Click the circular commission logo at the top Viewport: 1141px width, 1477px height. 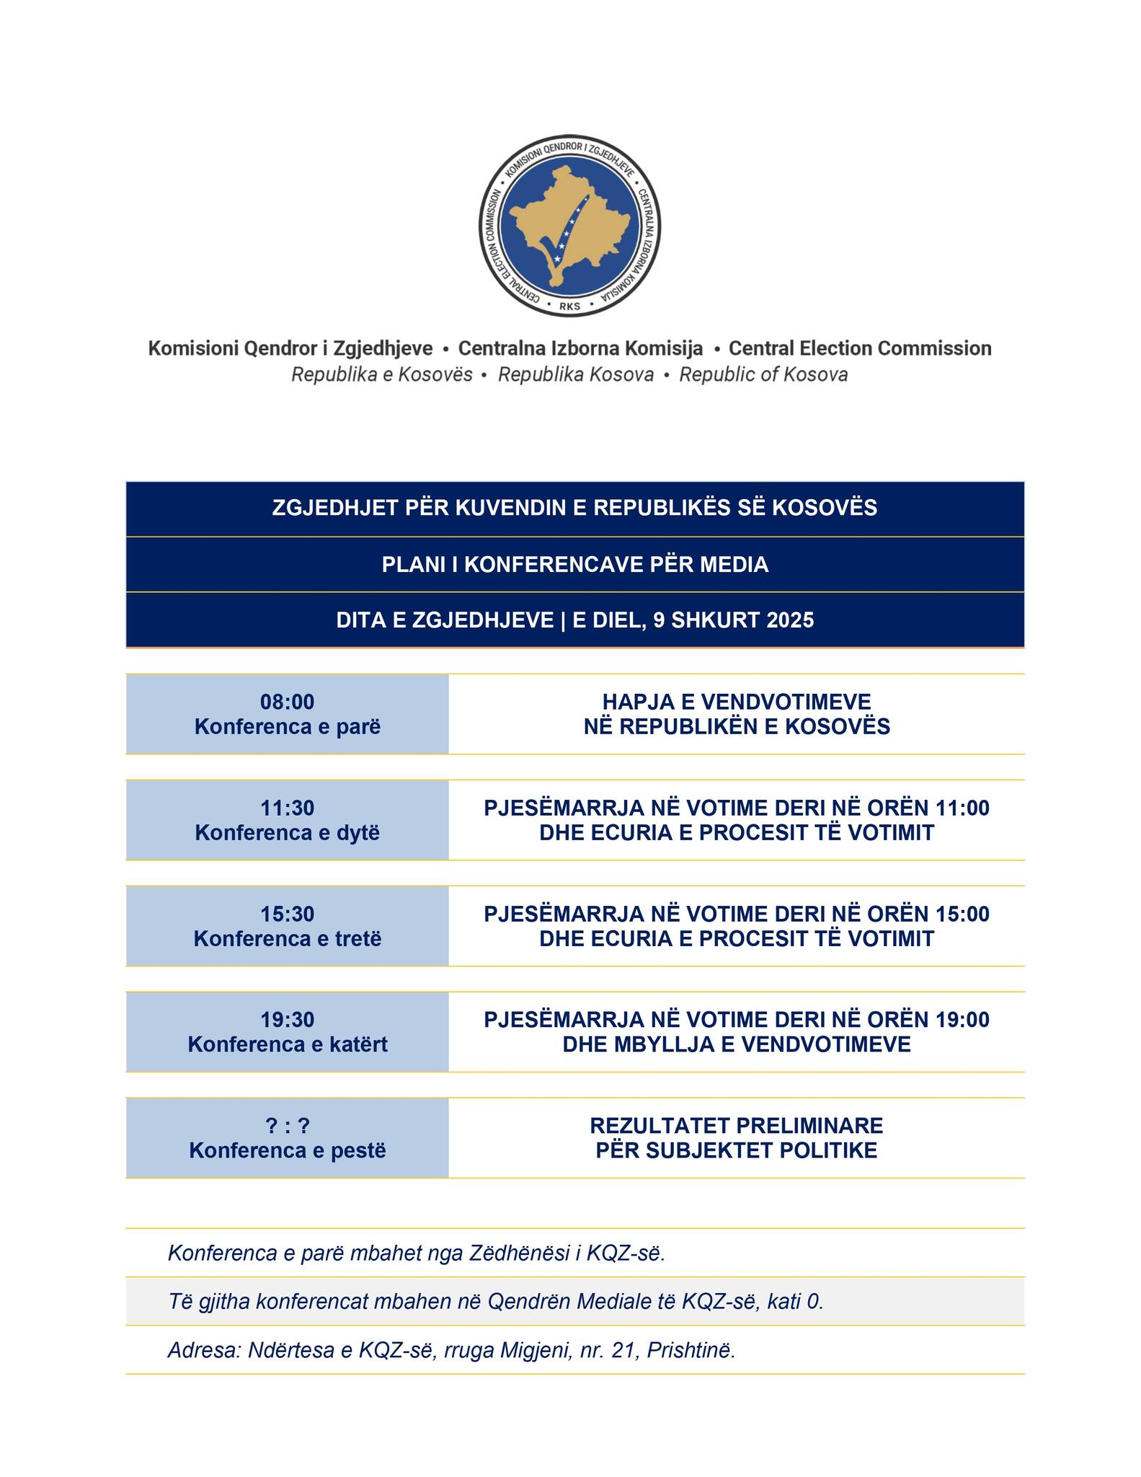569,225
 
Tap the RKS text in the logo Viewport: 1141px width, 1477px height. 569,306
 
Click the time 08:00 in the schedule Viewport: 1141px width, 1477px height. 287,702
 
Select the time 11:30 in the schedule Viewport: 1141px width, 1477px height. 287,808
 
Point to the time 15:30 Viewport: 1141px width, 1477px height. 287,914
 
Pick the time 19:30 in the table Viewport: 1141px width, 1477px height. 287,1020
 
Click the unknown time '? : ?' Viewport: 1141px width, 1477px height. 287,1126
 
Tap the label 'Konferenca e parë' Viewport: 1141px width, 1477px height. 287,726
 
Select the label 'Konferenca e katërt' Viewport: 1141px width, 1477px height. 287,1044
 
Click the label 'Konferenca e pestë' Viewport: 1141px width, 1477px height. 287,1150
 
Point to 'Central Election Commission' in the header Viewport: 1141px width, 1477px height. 860,349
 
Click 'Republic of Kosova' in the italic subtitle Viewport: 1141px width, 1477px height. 763,375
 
